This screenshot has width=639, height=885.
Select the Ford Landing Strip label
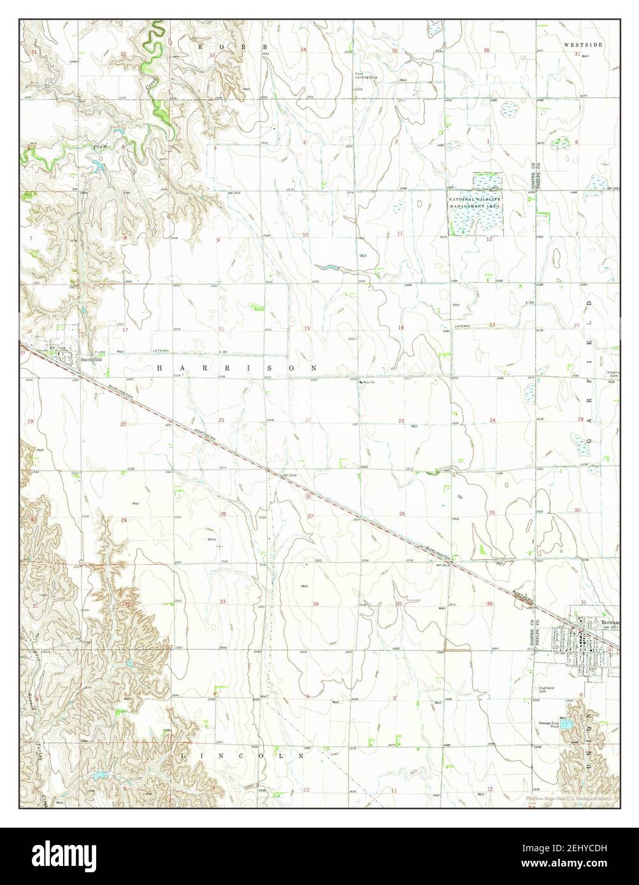pos(367,76)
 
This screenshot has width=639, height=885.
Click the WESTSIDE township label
pos(582,45)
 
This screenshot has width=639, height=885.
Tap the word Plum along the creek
pos(98,147)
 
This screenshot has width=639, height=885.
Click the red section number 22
pos(308,420)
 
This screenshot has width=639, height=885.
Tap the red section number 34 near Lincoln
pos(315,603)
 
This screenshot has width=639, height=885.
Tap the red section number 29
pos(124,520)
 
